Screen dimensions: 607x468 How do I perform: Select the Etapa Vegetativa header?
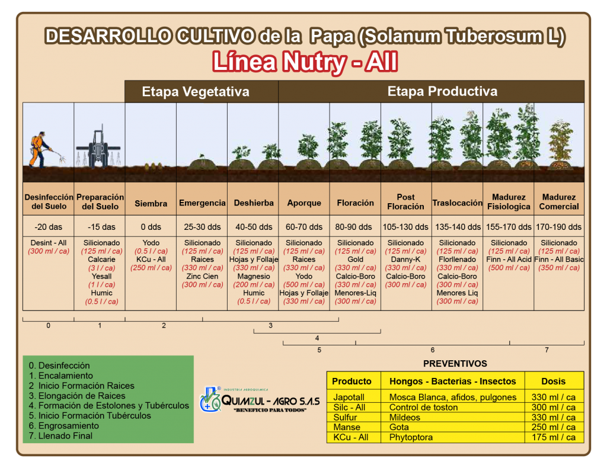pyautogui.click(x=196, y=92)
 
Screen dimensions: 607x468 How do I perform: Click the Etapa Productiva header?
pyautogui.click(x=442, y=91)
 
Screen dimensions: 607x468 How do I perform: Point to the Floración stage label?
pyautogui.click(x=356, y=203)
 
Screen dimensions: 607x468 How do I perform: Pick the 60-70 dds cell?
pyautogui.click(x=304, y=227)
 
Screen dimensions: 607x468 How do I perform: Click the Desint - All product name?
pyautogui.click(x=49, y=243)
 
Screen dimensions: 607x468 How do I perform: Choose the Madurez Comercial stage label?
pyautogui.click(x=559, y=202)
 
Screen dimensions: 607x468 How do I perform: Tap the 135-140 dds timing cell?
pyautogui.click(x=458, y=227)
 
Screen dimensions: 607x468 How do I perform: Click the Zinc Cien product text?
pyautogui.click(x=202, y=277)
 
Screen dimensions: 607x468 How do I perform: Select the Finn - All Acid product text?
pyautogui.click(x=509, y=259)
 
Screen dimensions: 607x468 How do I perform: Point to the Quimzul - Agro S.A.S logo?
pyautogui.click(x=260, y=400)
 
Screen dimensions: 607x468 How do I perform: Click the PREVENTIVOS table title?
pyautogui.click(x=455, y=364)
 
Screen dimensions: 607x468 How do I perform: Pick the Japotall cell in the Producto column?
pyautogui.click(x=349, y=398)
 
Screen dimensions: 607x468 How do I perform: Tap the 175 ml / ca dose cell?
pyautogui.click(x=553, y=437)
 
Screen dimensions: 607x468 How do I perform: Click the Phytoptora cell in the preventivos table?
pyautogui.click(x=411, y=437)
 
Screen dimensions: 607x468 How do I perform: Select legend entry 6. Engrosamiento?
pyautogui.click(x=64, y=426)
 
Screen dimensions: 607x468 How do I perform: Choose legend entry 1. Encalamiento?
pyautogui.click(x=61, y=376)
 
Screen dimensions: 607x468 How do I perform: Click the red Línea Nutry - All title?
pyautogui.click(x=305, y=62)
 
